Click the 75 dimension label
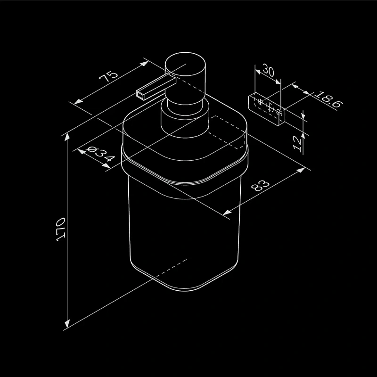pos(109,76)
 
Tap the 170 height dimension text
pos(60,229)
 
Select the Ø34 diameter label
pos(100,154)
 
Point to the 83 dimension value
pos(260,185)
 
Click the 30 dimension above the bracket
pos(268,70)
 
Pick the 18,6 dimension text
pos(328,99)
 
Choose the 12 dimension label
pos(297,144)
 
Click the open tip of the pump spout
pos(140,95)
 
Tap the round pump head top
pos(185,64)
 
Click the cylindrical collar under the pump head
pos(185,120)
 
